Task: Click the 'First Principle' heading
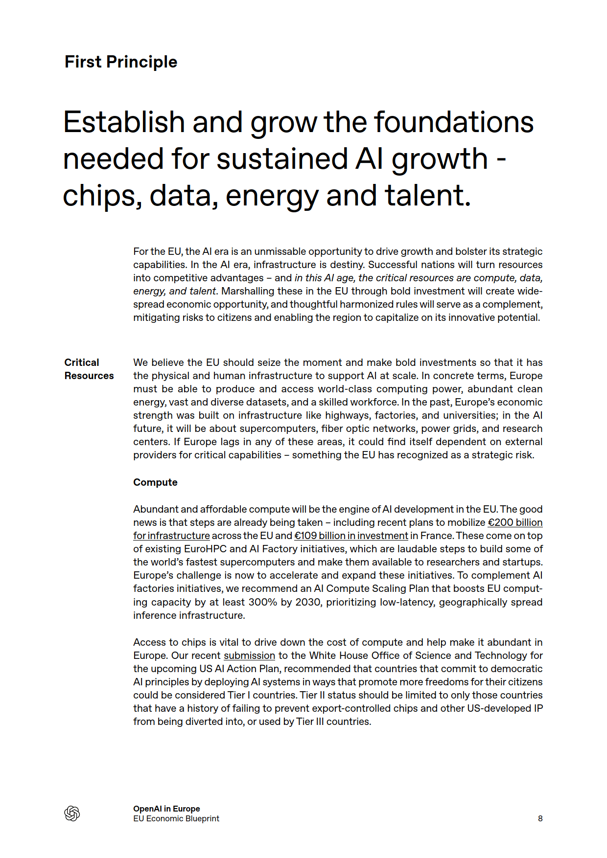121,62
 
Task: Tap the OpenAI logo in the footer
72,813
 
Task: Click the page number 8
540,818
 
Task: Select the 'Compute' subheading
155,482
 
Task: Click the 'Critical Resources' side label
89,369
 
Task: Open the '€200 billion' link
515,522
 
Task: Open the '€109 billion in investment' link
351,536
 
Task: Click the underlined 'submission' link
249,655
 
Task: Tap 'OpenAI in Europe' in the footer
166,809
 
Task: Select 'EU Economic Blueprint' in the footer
176,818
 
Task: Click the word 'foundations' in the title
454,122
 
